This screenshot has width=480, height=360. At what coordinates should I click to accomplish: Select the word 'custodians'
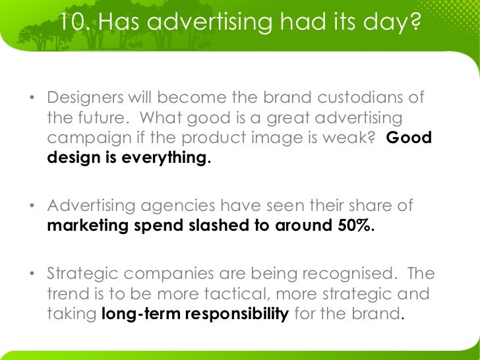(x=361, y=98)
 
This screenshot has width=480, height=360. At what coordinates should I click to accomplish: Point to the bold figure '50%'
(x=355, y=226)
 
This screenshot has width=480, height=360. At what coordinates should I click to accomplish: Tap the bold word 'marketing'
(x=88, y=226)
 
